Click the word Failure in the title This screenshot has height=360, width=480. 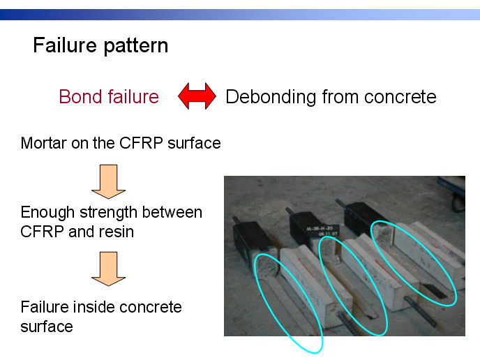click(x=65, y=45)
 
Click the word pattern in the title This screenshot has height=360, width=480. click(x=136, y=47)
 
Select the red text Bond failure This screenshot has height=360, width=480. click(x=109, y=96)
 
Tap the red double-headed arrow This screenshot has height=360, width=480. click(x=197, y=96)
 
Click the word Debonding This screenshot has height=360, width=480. click(x=271, y=98)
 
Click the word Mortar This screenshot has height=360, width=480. click(x=43, y=143)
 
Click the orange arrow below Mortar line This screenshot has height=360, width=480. click(x=108, y=182)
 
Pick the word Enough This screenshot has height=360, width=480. click(x=47, y=213)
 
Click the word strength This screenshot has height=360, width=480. click(x=109, y=213)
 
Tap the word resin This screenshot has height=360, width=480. click(x=117, y=232)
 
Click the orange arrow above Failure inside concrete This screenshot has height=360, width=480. click(x=108, y=269)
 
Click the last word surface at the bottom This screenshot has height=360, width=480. click(x=47, y=327)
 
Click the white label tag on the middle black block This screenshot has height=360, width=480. click(x=322, y=230)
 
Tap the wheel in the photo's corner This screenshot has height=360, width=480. click(x=458, y=202)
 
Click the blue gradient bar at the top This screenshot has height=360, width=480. click(x=240, y=15)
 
